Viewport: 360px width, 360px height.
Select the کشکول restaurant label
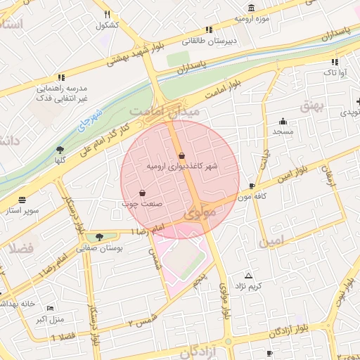coord(107,25)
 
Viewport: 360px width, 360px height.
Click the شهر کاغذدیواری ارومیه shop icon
coord(182,156)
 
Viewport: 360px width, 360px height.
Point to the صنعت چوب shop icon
coord(142,193)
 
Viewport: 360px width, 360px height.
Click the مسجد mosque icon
coord(283,121)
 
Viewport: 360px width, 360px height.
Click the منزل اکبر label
coord(49,320)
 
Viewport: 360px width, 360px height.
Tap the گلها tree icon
coord(60,149)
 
